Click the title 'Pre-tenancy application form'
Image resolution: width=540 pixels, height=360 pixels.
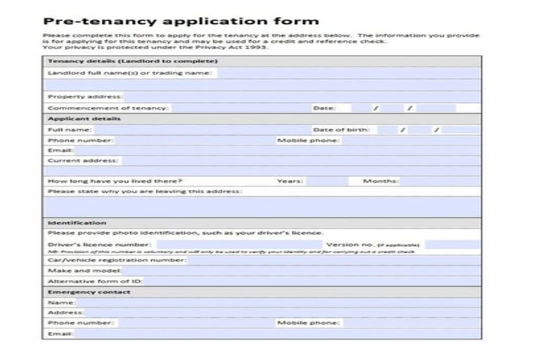pyautogui.click(x=181, y=21)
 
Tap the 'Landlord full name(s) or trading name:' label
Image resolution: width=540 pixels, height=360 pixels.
pyautogui.click(x=131, y=72)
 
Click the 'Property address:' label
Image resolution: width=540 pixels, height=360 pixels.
pyautogui.click(x=85, y=96)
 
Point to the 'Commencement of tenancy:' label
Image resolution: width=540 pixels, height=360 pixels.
pyautogui.click(x=108, y=108)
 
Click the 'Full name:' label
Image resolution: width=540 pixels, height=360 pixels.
pyautogui.click(x=69, y=129)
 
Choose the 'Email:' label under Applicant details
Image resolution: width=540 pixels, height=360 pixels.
pyautogui.click(x=60, y=150)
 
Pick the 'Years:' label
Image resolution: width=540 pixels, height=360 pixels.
pyautogui.click(x=290, y=181)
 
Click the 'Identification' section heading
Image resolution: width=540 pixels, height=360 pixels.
pyautogui.click(x=77, y=222)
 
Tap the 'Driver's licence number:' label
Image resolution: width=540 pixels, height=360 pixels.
pyautogui.click(x=99, y=245)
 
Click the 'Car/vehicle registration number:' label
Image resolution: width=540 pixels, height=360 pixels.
pyautogui.click(x=117, y=259)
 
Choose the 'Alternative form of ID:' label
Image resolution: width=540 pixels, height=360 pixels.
pyautogui.click(x=94, y=281)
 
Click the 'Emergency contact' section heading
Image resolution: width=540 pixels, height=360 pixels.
pyautogui.click(x=88, y=291)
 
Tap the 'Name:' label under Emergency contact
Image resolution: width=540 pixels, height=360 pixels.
pyautogui.click(x=61, y=302)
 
